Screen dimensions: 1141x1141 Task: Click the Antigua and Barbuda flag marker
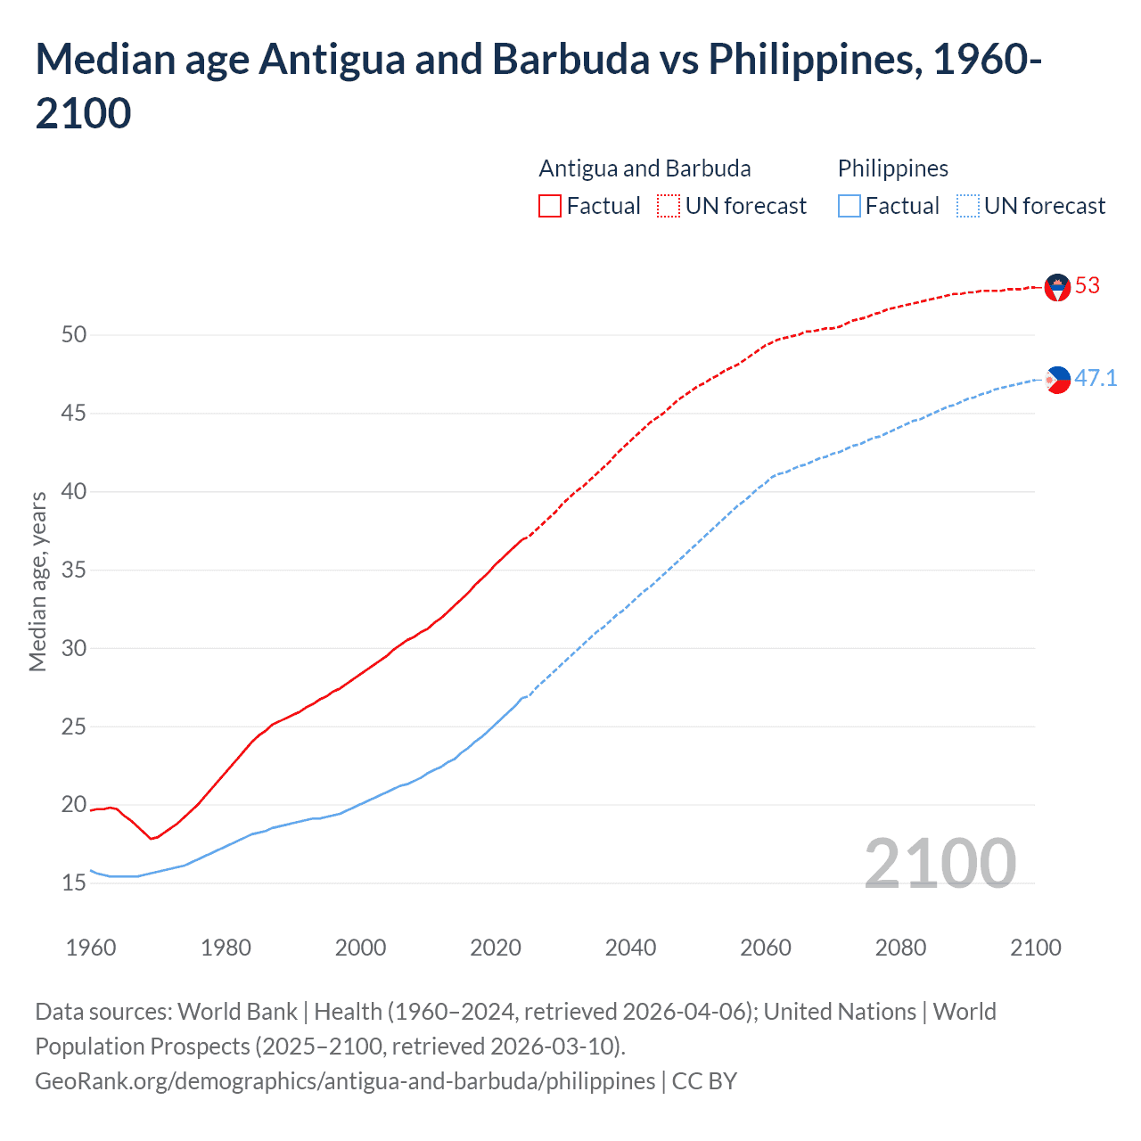point(1057,287)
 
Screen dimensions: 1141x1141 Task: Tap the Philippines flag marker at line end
point(1057,380)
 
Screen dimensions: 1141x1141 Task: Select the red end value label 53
point(1088,286)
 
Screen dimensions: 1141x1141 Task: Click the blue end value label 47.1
point(1096,379)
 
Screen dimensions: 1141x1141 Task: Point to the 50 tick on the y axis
point(74,335)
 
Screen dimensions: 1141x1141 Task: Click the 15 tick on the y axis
point(74,883)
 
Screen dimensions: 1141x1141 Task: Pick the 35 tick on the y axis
point(74,570)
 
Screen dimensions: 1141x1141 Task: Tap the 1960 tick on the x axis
point(91,948)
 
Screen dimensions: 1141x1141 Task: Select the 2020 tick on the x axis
point(496,948)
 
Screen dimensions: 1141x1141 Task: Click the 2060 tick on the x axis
point(766,948)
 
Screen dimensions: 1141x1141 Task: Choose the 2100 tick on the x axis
point(1035,948)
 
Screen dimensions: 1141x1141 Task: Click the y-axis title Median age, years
point(37,581)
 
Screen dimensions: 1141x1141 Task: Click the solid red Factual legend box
point(550,207)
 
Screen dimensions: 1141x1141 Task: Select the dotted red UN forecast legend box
point(669,207)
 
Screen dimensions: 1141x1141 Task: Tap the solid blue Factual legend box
point(850,207)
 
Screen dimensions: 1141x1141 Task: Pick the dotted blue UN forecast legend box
point(967,207)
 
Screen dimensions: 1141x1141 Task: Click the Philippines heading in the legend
point(892,168)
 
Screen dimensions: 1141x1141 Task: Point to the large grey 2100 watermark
point(940,864)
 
